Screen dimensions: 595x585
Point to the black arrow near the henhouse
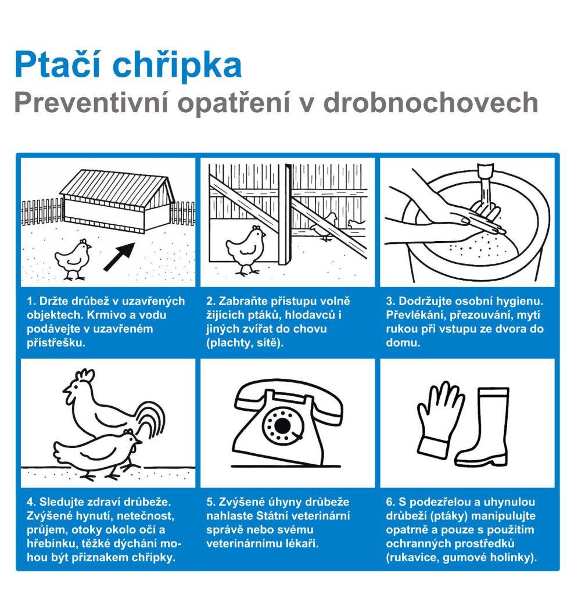(x=119, y=256)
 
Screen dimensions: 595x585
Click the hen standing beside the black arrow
(x=73, y=259)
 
